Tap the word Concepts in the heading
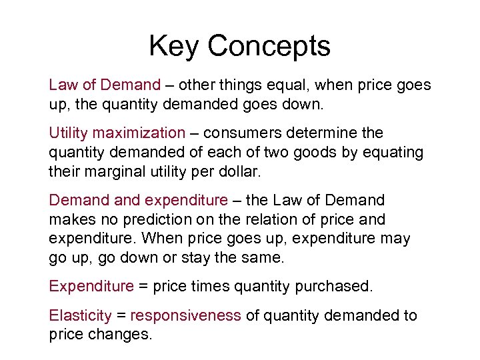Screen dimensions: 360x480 269,47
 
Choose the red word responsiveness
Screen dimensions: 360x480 185,315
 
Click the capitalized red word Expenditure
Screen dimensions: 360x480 91,287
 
